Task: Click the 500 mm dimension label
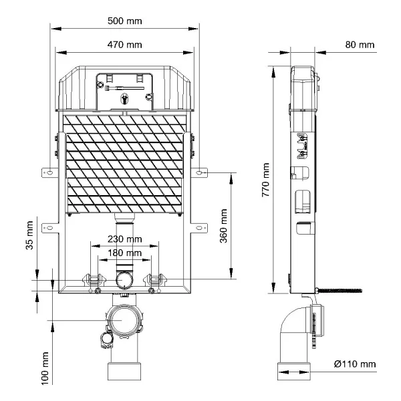(125, 21)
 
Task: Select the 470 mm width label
(125, 45)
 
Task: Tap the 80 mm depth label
(360, 45)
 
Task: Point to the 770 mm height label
(266, 180)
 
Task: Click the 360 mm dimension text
(223, 226)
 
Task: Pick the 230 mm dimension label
(125, 239)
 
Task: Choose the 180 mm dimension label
(125, 253)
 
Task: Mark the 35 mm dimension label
(29, 235)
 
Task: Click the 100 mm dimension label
(45, 368)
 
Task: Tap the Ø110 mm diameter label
(355, 364)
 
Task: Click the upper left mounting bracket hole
(51, 172)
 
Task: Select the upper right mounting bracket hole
(198, 172)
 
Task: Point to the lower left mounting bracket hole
(50, 228)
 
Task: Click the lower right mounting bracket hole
(198, 228)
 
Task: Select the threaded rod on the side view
(339, 290)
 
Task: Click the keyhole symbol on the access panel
(124, 99)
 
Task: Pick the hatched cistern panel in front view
(124, 164)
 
